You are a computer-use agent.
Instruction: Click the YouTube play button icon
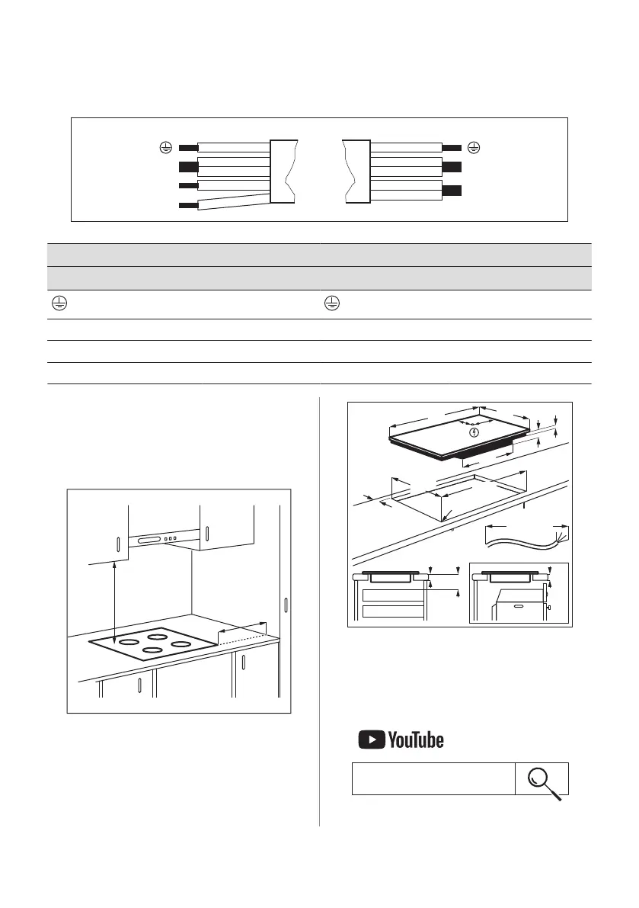pos(371,740)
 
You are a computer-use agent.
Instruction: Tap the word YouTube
pos(415,740)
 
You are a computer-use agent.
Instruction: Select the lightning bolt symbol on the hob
pos(475,432)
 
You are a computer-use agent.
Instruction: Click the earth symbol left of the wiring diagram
pos(163,147)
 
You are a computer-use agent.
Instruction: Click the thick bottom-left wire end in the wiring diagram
pos(187,205)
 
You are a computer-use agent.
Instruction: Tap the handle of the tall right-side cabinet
pos(286,606)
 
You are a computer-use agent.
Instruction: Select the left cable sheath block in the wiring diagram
pos(283,171)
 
